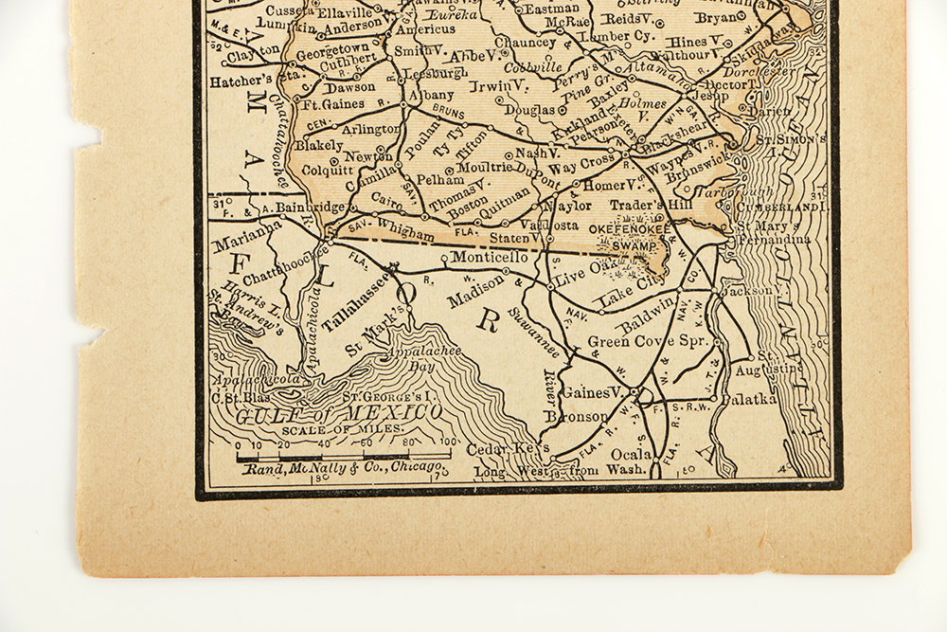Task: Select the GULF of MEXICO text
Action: (x=338, y=414)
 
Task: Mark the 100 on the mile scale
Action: (x=448, y=442)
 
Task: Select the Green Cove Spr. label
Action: (x=648, y=341)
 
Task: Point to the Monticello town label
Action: (x=489, y=257)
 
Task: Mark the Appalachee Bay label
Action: (x=411, y=357)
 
